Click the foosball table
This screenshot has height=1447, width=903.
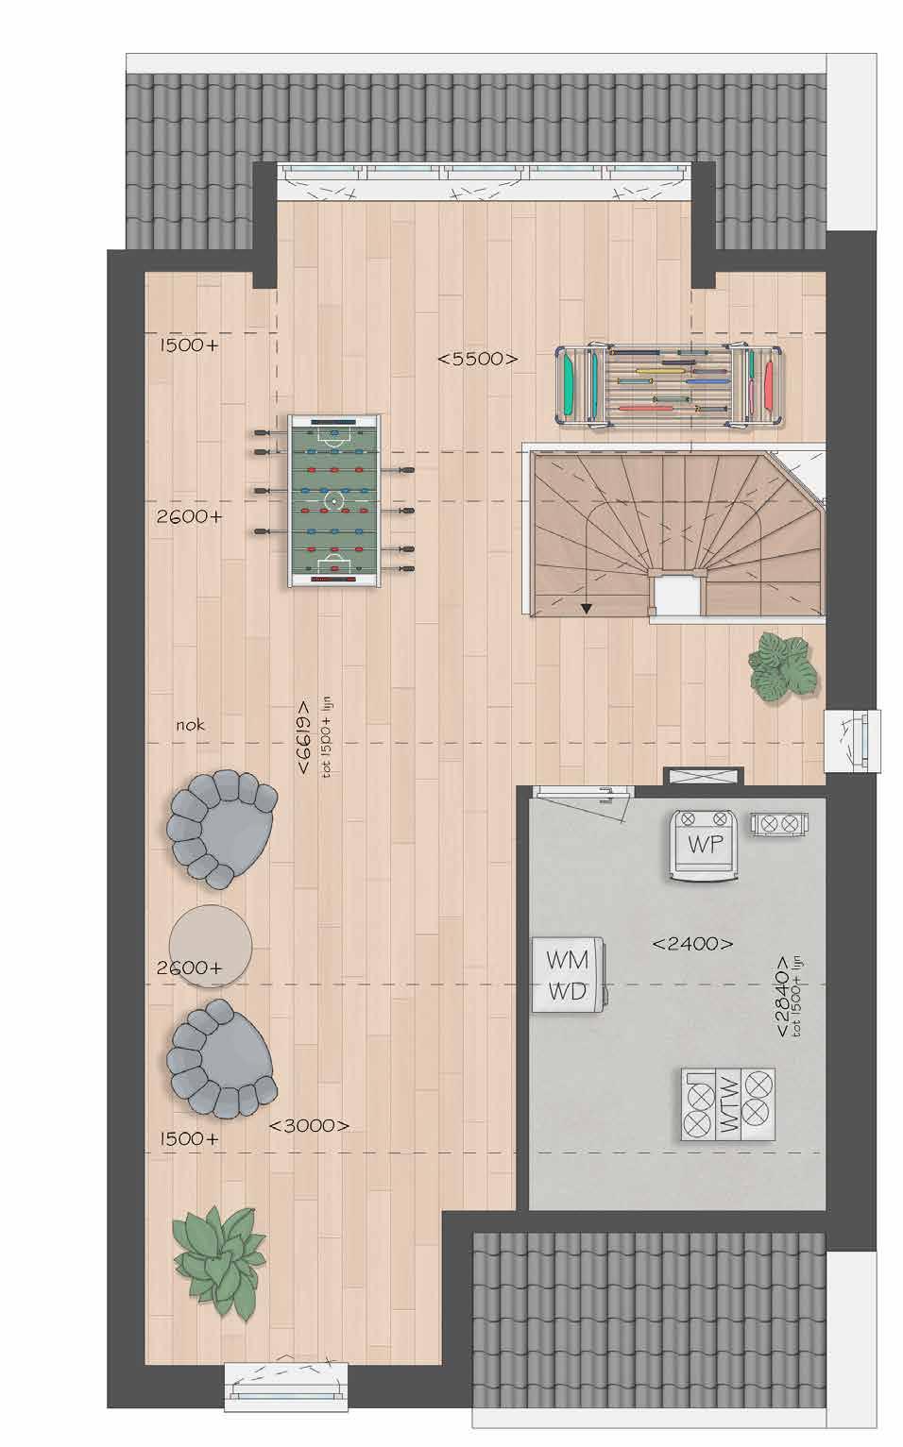[333, 501]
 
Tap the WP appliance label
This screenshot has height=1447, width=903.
[706, 844]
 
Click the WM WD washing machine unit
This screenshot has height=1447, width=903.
[569, 975]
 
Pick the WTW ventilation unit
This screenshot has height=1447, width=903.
[728, 1104]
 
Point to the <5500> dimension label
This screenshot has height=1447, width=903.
[478, 359]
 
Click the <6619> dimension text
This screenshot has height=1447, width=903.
[303, 737]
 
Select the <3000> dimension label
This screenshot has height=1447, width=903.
[309, 1125]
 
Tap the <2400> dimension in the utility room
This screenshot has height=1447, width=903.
[692, 944]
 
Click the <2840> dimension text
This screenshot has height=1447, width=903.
[782, 996]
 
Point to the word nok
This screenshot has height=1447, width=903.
[190, 725]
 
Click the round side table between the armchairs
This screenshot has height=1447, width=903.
[210, 947]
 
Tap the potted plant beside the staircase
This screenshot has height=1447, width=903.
[783, 666]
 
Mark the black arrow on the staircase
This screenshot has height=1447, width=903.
[586, 608]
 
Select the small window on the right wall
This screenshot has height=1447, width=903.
[853, 741]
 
